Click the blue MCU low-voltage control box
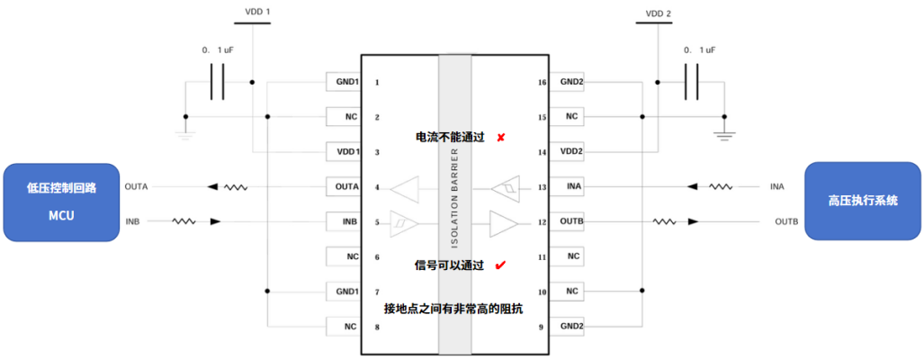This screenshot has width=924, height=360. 61,202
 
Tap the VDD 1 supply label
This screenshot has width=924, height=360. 257,12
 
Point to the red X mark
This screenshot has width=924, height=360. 500,138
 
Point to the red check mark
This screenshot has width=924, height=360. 500,265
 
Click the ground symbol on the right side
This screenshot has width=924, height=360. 722,135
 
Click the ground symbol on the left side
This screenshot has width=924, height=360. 184,135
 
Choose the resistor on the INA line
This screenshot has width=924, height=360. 720,186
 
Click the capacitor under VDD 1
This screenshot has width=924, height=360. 217,82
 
